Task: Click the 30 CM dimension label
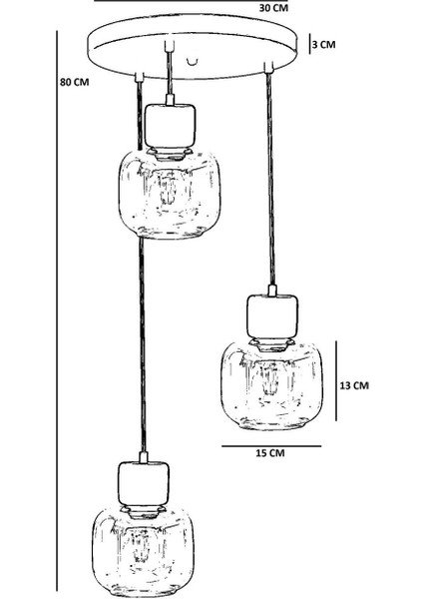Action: point(273,7)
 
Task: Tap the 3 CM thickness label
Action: point(324,44)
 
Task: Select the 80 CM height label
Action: point(75,82)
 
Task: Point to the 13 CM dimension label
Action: point(354,385)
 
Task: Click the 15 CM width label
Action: point(270,453)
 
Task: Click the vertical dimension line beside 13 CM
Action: point(336,381)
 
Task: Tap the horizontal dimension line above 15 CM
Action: point(271,445)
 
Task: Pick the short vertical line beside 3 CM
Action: point(309,44)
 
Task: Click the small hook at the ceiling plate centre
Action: point(194,61)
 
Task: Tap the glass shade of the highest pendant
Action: point(170,195)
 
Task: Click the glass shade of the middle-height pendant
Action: point(271,385)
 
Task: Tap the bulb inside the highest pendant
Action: point(169,189)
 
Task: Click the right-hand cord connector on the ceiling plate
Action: point(268,67)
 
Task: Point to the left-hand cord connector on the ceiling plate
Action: point(140,77)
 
